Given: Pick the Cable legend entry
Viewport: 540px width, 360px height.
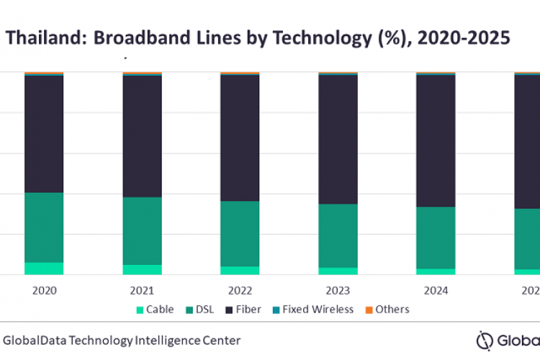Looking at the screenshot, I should click(155, 310).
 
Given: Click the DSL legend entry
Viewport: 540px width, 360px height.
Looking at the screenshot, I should click(204, 310).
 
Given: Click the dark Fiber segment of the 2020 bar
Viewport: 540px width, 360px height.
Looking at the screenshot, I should click(44, 134).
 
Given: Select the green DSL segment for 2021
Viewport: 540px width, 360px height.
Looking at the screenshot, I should click(142, 230).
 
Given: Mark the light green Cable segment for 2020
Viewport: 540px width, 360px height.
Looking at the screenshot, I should click(44, 268).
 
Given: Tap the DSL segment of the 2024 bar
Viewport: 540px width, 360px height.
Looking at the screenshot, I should click(436, 238).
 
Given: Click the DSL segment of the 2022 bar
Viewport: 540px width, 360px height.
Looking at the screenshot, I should click(240, 233).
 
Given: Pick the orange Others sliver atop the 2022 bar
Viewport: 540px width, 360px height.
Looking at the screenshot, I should click(240, 73).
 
